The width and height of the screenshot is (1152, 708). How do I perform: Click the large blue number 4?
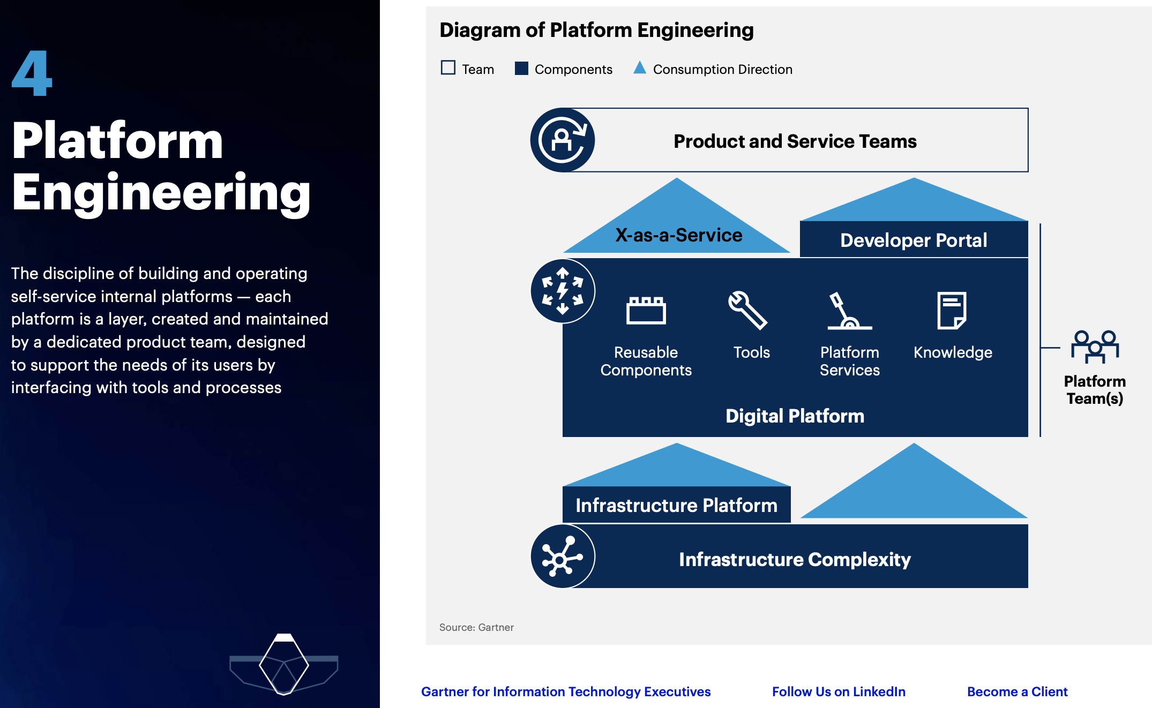(32, 73)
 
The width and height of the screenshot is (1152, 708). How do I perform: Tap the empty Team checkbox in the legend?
(448, 68)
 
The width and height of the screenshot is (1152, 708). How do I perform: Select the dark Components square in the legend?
(521, 68)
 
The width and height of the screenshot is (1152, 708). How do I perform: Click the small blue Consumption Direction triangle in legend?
(639, 68)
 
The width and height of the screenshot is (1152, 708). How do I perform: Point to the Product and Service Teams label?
(795, 141)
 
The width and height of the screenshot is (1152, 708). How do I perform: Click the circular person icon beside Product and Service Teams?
(562, 140)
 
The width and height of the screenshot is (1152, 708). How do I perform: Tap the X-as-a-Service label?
(678, 235)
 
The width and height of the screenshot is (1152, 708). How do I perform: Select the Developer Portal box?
(914, 240)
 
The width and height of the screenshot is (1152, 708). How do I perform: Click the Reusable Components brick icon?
(646, 310)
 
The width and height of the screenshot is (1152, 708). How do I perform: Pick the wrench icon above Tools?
(748, 310)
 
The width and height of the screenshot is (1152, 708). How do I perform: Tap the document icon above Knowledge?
(952, 310)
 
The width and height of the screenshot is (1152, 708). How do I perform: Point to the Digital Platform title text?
(795, 416)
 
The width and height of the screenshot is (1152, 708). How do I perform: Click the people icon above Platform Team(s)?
(1095, 347)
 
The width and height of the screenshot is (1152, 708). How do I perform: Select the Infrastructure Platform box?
(676, 505)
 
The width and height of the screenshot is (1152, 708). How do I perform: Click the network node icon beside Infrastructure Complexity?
(562, 557)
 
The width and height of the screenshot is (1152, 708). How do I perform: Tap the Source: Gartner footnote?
(476, 627)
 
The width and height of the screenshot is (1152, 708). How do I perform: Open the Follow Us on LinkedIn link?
(839, 691)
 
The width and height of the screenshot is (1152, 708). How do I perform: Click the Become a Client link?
(1017, 691)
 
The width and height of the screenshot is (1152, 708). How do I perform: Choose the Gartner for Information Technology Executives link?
(566, 691)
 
